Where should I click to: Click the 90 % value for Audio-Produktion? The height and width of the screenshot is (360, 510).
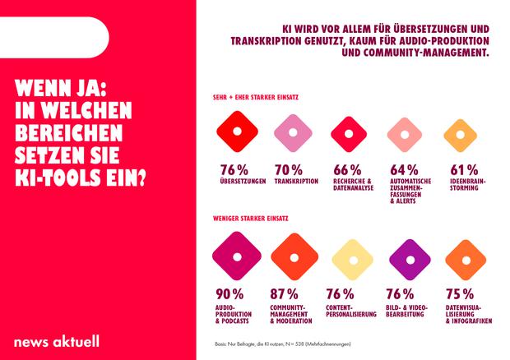click(x=229, y=293)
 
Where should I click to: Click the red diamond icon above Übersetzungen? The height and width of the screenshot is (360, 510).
click(x=235, y=132)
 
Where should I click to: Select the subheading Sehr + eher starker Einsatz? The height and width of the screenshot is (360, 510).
click(x=255, y=96)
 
